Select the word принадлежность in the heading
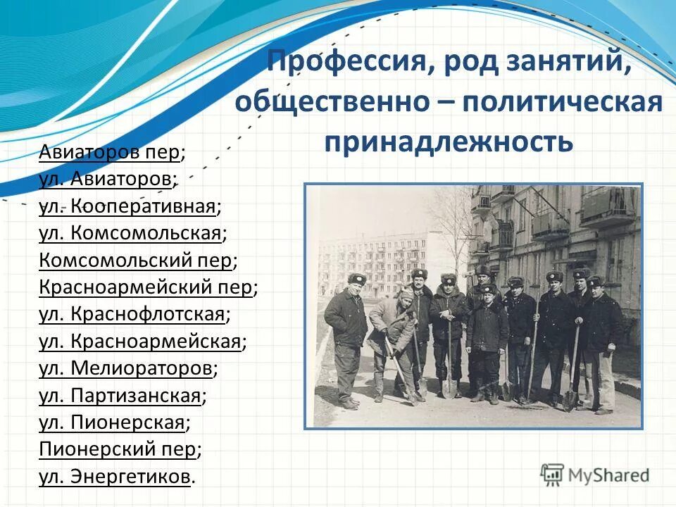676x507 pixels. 449,141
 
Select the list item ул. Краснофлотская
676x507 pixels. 134,315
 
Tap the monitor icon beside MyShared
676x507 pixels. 553,474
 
